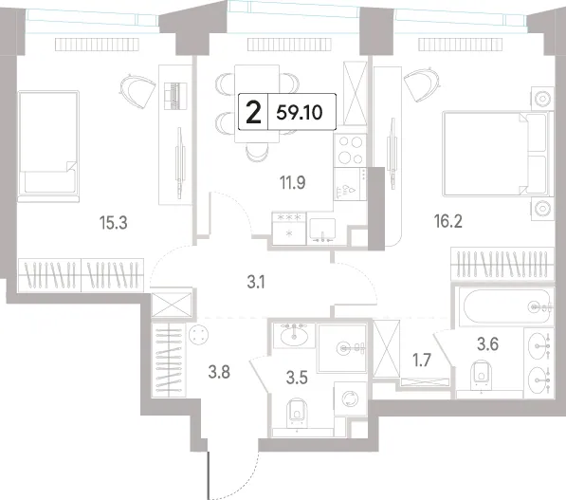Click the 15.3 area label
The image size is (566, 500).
(114, 223)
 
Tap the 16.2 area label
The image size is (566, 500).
(447, 221)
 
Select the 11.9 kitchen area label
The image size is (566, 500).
(292, 182)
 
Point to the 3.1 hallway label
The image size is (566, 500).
(256, 282)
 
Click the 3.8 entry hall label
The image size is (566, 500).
(219, 371)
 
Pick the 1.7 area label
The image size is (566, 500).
(422, 361)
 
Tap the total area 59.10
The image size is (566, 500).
(300, 113)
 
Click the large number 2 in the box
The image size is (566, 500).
(253, 112)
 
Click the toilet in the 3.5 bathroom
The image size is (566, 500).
(297, 414)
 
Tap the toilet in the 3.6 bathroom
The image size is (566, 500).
(482, 375)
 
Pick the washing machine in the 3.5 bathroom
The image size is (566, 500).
(350, 398)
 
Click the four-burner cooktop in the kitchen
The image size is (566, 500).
(350, 150)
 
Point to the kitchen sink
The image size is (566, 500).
(322, 231)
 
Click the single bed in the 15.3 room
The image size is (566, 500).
(48, 146)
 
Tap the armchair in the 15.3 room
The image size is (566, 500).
(137, 89)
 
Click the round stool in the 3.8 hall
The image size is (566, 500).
(198, 334)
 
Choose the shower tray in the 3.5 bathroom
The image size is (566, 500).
(342, 348)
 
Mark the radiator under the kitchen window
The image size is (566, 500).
(289, 45)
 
